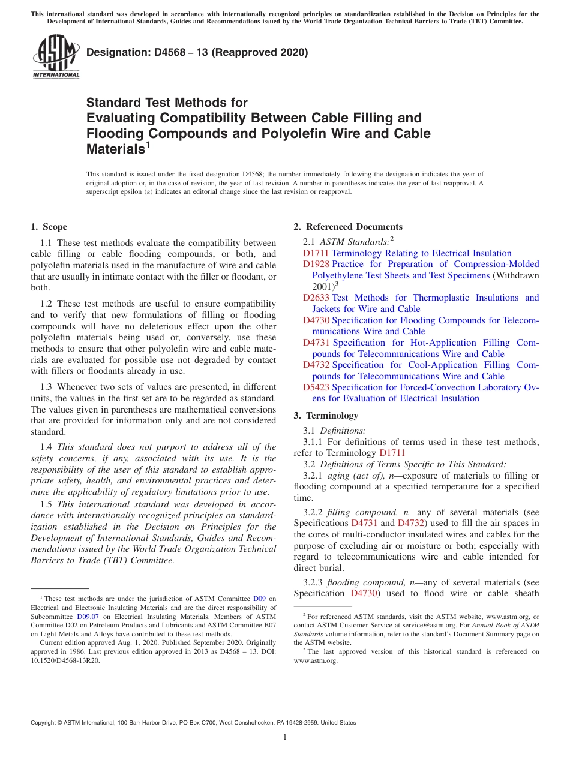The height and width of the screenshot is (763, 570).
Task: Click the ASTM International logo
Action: (x=56, y=57)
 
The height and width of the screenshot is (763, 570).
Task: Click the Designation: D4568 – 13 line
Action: (x=197, y=52)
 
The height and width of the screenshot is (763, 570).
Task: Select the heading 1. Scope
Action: (x=49, y=227)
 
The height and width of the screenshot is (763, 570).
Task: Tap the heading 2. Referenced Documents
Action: (x=348, y=227)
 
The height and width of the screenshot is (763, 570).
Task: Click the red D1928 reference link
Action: (x=316, y=265)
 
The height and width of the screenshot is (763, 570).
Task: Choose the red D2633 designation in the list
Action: (x=316, y=298)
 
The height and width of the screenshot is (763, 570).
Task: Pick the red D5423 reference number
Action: (x=316, y=387)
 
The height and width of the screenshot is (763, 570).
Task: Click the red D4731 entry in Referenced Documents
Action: (x=316, y=343)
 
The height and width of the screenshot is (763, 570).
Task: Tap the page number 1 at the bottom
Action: (x=285, y=737)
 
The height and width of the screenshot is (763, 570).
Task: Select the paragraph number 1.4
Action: (x=46, y=447)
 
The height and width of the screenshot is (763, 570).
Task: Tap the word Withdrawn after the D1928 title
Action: (x=516, y=275)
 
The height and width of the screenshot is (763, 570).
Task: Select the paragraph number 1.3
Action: (x=46, y=387)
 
